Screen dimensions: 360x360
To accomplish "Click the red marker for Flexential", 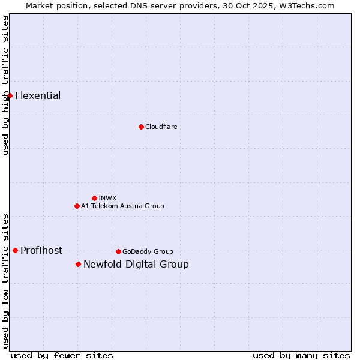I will (x=10, y=96).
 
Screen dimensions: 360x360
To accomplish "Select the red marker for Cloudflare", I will (x=141, y=127).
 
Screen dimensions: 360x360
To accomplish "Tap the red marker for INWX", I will (x=94, y=198).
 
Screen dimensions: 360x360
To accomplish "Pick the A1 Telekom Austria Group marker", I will (x=77, y=206).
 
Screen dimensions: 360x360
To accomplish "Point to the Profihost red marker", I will (x=15, y=250).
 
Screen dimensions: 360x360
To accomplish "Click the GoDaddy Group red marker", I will (x=118, y=251).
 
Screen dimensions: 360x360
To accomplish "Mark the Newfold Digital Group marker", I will (x=78, y=264).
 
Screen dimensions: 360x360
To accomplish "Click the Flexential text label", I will (x=38, y=96).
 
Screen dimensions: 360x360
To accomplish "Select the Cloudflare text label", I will (x=161, y=127).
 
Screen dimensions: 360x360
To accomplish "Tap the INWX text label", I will (x=107, y=198).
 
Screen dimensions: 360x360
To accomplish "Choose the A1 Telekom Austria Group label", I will (x=122, y=206).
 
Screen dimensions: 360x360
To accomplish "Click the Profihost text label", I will (x=41, y=251).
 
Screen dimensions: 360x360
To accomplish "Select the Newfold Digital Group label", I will (x=136, y=265).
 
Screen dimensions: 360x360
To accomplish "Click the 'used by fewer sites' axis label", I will (x=62, y=355).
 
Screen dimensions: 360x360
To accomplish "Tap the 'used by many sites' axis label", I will (x=301, y=355).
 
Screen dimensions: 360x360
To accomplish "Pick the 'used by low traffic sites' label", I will (x=6, y=280).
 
